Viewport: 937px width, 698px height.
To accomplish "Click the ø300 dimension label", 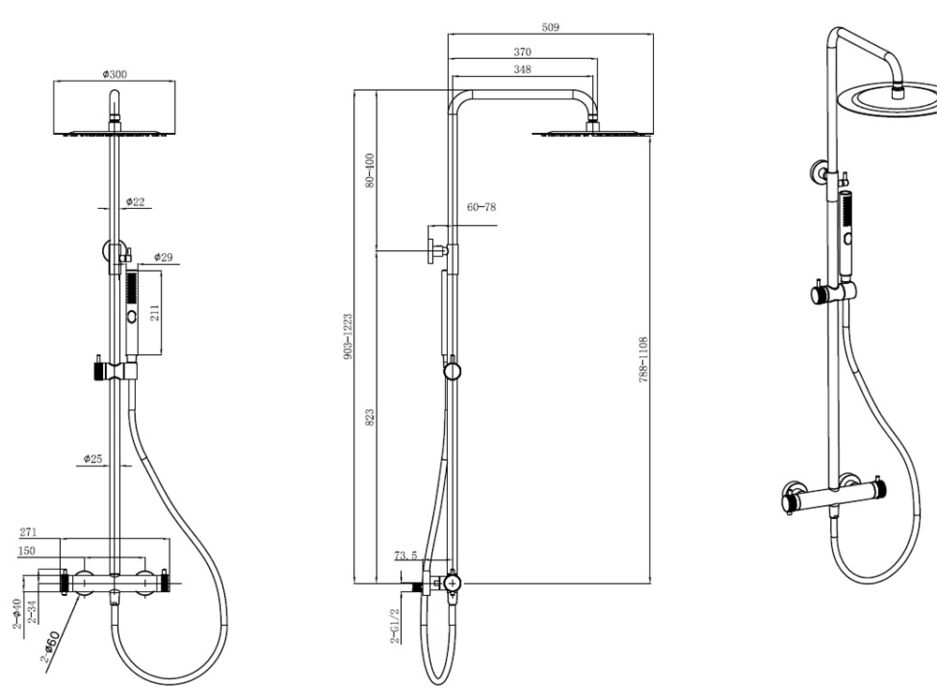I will [114, 75].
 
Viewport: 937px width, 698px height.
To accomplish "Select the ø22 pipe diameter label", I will [137, 202].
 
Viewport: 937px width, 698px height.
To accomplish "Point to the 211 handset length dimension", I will [156, 312].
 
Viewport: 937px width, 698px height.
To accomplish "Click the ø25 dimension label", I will [93, 459].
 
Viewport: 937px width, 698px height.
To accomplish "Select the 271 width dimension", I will [28, 532].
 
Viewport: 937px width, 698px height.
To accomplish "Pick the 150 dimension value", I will [28, 552].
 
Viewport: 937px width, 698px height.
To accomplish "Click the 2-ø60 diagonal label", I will [51, 647].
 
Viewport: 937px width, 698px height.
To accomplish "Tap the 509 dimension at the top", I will [550, 27].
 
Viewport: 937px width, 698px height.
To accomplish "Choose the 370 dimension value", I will [522, 52].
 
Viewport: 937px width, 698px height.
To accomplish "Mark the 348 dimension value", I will [522, 70].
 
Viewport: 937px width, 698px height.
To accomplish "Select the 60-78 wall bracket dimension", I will [481, 207].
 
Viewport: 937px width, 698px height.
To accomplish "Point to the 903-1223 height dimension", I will [348, 337].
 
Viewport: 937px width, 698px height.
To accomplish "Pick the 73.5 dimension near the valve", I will [405, 556].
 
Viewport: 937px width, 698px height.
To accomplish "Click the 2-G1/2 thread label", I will [395, 626].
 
